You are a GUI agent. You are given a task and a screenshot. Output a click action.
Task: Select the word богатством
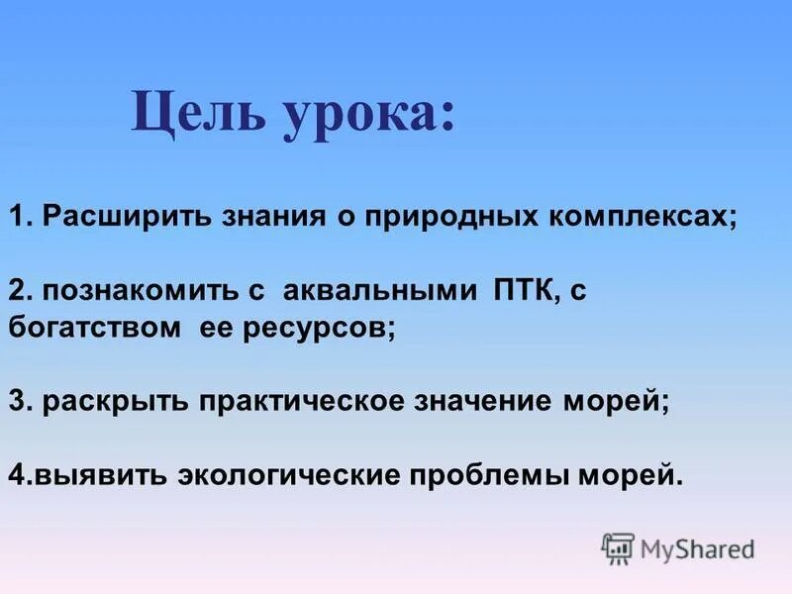[x=88, y=329]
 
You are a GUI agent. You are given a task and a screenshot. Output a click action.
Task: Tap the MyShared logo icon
[x=617, y=547]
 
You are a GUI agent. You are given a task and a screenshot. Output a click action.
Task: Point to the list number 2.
[x=17, y=291]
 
